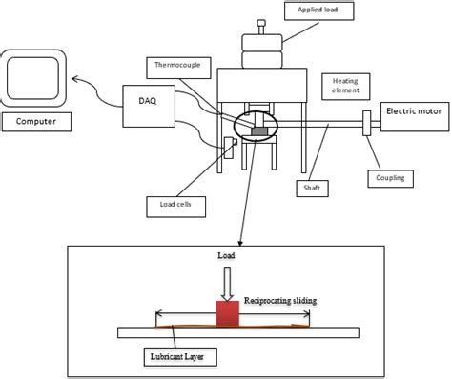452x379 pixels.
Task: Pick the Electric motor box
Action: coord(411,112)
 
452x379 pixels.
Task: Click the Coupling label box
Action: coord(390,177)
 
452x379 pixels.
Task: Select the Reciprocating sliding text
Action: coord(280,300)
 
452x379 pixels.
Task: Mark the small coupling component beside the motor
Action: coord(366,123)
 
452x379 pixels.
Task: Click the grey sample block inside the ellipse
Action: coord(257,130)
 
